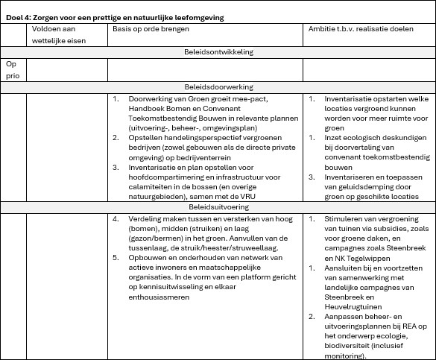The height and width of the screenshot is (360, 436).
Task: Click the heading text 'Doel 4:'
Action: coord(19,16)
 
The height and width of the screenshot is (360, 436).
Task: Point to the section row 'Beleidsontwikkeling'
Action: coord(218,52)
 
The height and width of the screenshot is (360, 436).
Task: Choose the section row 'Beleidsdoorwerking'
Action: coord(218,87)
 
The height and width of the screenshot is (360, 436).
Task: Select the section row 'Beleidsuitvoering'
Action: coord(218,206)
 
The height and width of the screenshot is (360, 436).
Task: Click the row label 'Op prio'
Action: coord(13,69)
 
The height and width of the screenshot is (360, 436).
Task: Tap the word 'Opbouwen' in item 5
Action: coord(148,257)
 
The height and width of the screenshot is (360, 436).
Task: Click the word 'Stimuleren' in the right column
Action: coord(345,218)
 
